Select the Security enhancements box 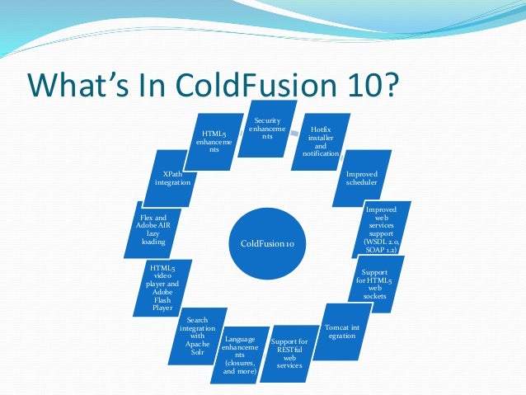(267, 129)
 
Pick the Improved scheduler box (361, 178)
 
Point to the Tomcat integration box (341, 331)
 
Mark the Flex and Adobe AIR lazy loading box (153, 230)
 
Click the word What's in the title (81, 86)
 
